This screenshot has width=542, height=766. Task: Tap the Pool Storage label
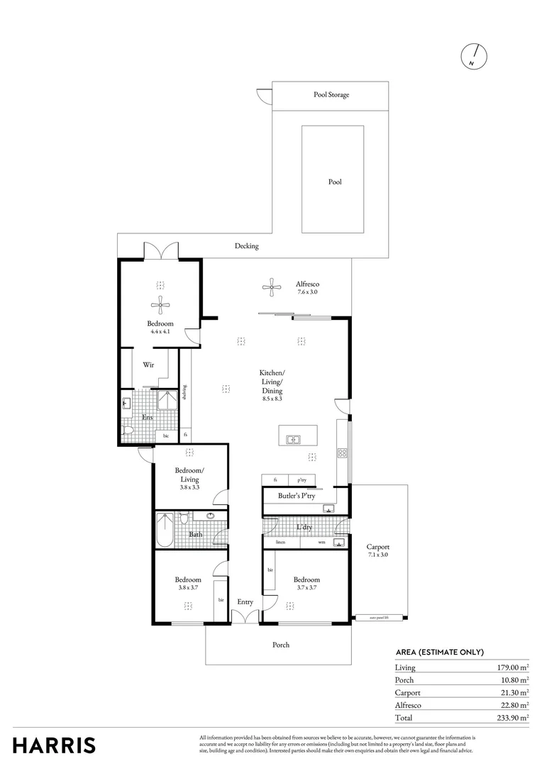tap(331, 94)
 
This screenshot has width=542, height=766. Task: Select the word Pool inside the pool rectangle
tap(335, 182)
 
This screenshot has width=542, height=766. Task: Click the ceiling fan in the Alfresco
tap(271, 287)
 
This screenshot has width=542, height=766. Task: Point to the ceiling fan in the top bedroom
tap(160, 306)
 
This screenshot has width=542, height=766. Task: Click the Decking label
tap(247, 246)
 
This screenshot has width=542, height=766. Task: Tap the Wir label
tap(148, 365)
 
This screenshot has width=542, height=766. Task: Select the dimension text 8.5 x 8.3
tap(272, 399)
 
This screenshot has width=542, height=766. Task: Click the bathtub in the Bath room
tap(164, 531)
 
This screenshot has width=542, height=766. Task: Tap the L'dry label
tap(305, 527)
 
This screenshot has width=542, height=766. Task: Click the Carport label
tap(378, 547)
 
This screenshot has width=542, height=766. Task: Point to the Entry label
tap(245, 602)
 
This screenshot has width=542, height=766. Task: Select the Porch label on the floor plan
tap(281, 645)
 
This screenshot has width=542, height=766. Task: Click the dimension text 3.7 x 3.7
tap(306, 587)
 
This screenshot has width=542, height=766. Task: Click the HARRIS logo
tap(54, 745)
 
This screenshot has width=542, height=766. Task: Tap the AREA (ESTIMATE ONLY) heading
tap(439, 653)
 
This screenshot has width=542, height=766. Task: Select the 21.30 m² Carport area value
tap(511, 692)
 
